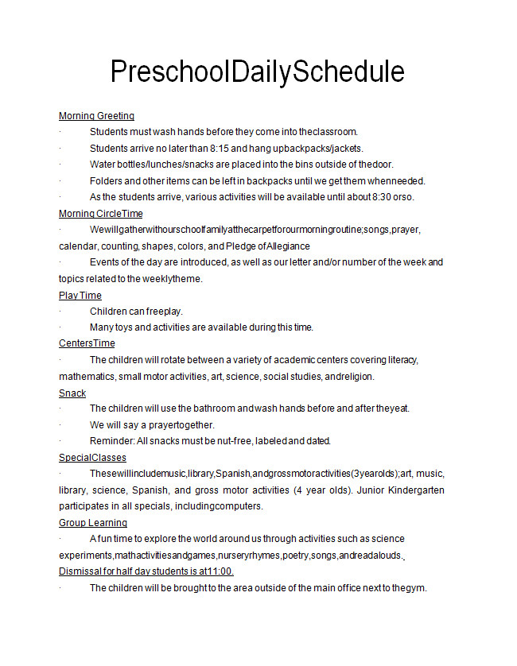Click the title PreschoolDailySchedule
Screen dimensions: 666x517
257,72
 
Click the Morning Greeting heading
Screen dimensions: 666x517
96,116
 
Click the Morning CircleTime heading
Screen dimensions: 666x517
101,214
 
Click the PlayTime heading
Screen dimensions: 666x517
80,296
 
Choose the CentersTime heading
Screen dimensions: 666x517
87,343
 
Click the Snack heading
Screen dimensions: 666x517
72,393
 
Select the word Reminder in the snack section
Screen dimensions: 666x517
111,441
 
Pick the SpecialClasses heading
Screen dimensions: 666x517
92,458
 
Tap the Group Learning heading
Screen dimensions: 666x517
93,523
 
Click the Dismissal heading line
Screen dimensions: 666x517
146,571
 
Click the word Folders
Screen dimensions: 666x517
107,180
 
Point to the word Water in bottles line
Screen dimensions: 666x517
103,165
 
